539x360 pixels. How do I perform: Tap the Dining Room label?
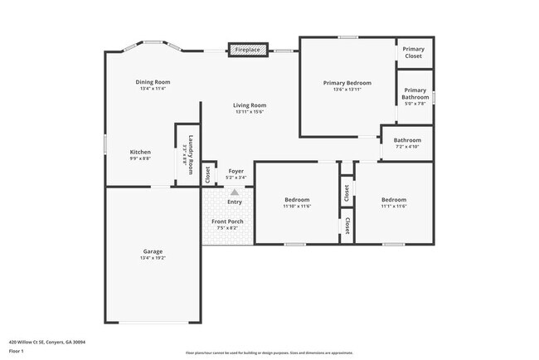[153, 82]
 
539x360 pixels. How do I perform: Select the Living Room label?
[249, 105]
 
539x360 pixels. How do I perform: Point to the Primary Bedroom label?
[347, 83]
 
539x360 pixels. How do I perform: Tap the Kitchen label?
[140, 152]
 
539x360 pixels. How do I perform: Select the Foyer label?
[236, 171]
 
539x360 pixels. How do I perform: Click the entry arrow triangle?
[235, 192]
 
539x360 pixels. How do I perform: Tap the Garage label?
[153, 251]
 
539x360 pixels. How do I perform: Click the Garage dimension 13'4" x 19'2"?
[153, 258]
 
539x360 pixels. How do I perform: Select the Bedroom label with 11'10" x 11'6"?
[296, 200]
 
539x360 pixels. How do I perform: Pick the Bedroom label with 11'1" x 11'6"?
[394, 200]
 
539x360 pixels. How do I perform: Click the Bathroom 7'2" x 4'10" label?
[407, 140]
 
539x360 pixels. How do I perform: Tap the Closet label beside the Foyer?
[208, 173]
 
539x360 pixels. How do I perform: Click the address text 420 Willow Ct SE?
[47, 341]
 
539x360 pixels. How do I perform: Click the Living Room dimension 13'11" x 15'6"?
[249, 112]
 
